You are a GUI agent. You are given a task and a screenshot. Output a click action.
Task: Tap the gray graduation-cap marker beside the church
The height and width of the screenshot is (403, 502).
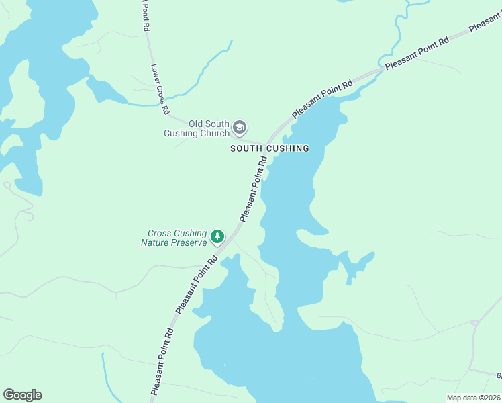240,128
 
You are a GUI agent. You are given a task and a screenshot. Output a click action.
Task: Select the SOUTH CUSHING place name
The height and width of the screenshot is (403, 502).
269,148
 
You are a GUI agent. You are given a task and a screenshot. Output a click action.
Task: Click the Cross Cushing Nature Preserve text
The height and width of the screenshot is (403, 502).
177,238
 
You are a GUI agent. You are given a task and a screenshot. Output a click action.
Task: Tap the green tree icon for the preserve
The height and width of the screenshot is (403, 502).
217,236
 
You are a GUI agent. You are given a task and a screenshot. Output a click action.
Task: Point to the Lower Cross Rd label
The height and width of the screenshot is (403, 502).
160,88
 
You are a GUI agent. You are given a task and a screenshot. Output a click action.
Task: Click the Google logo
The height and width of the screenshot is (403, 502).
22,395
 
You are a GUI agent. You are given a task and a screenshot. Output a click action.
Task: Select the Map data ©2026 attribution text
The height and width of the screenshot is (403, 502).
473,398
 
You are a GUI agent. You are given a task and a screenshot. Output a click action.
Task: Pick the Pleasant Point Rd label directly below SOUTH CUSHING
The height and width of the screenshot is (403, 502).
254,189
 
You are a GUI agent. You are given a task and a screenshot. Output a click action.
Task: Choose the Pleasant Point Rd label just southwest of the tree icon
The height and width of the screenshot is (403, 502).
196,283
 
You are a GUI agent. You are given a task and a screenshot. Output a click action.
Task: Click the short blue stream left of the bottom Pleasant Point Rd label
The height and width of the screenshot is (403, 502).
105,376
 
